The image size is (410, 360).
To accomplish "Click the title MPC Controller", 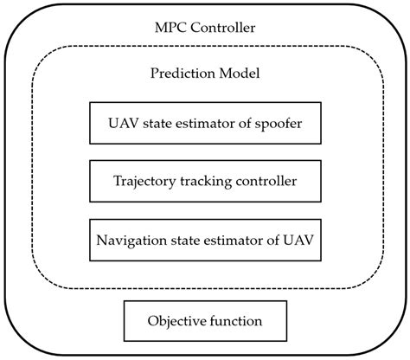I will click(x=205, y=27).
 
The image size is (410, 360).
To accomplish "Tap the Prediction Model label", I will click(x=205, y=74).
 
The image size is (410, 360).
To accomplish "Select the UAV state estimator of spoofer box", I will click(x=205, y=123).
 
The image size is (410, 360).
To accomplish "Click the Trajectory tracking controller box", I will click(x=205, y=182).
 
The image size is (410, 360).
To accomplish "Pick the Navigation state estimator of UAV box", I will click(x=205, y=240).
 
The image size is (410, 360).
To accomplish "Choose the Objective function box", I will click(x=205, y=321).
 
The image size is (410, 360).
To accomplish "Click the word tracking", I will click(x=200, y=182).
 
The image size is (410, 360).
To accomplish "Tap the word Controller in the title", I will click(x=222, y=27).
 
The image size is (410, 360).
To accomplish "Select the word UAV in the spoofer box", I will click(x=120, y=123).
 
